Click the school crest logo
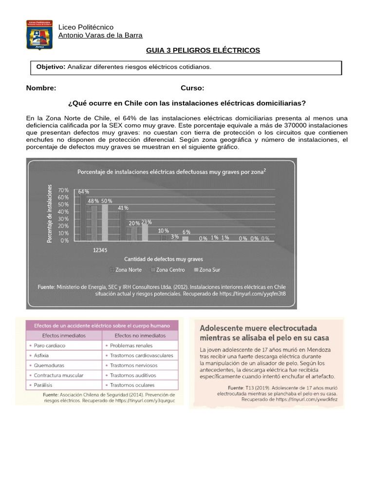(x=40, y=35)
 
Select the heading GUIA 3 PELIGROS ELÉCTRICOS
(x=203, y=50)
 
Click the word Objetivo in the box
(x=51, y=67)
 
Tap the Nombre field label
(x=41, y=88)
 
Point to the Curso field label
(x=192, y=88)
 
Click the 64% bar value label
(x=83, y=192)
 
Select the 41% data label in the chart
(x=123, y=208)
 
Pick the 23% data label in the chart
(x=147, y=222)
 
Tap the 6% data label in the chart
(x=187, y=232)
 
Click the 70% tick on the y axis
(x=63, y=190)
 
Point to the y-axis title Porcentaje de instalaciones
(x=50, y=213)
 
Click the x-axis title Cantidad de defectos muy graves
(x=164, y=259)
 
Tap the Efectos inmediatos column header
(x=64, y=335)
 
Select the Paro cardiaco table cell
(x=50, y=345)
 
